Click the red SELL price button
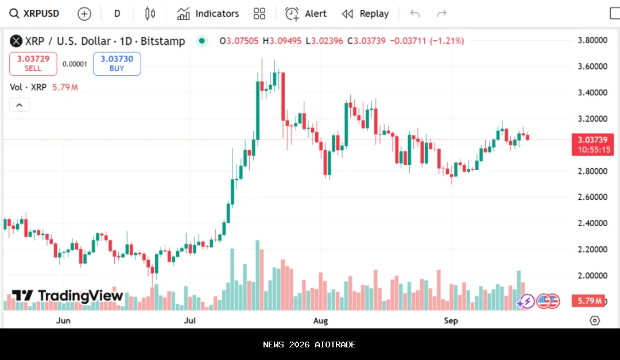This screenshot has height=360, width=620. [x=33, y=64]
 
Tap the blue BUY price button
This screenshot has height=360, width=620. [x=117, y=64]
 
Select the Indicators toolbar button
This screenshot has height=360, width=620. [x=208, y=14]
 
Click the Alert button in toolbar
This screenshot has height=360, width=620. [x=306, y=14]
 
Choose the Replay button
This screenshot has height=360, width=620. [x=365, y=14]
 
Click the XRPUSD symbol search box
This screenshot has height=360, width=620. [x=34, y=14]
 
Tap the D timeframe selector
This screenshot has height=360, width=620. [x=117, y=14]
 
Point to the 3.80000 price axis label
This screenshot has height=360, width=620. [x=592, y=40]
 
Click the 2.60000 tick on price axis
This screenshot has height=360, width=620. [x=592, y=197]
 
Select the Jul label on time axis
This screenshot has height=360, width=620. [x=190, y=320]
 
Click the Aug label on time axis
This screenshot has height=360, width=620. [x=320, y=320]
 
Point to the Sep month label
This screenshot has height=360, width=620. [x=451, y=320]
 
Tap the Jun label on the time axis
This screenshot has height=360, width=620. [x=63, y=320]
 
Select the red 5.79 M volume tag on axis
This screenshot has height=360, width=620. [x=590, y=301]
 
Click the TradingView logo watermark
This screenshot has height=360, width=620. [x=68, y=296]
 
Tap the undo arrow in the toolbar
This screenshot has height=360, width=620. [x=415, y=14]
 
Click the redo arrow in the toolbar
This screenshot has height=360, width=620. [x=441, y=14]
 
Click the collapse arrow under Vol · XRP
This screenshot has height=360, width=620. [x=19, y=105]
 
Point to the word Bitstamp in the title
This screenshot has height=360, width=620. [x=163, y=41]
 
